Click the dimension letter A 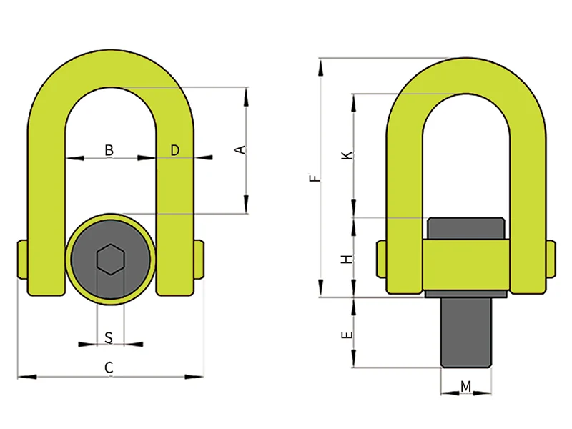click(x=242, y=149)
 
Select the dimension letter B click(x=109, y=150)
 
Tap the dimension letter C click(x=109, y=368)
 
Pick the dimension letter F click(x=315, y=178)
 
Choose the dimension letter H click(x=347, y=258)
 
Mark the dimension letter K click(x=347, y=155)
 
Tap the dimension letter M click(x=465, y=387)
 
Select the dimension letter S click(x=109, y=336)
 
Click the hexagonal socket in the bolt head click(x=109, y=259)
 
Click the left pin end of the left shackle click(x=20, y=262)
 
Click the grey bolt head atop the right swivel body click(x=466, y=228)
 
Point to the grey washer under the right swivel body click(x=466, y=293)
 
